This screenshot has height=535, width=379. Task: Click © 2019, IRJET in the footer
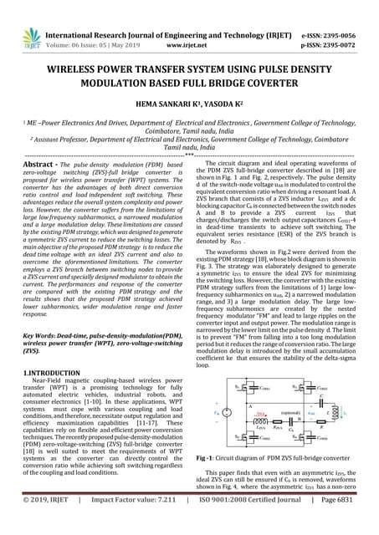38,523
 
